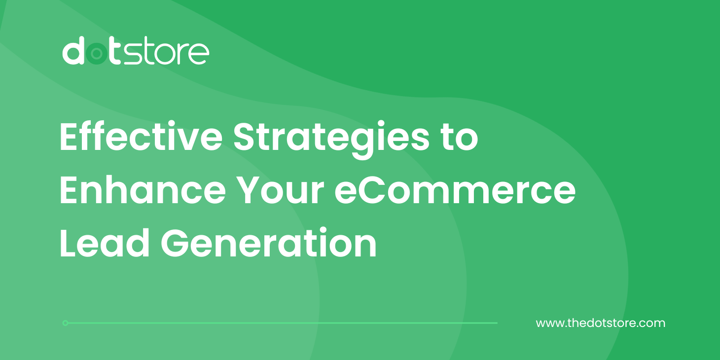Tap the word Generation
pyautogui.click(x=269, y=243)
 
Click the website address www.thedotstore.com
pyautogui.click(x=600, y=324)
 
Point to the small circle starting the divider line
pyautogui.click(x=66, y=323)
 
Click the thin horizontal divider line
pyautogui.click(x=281, y=323)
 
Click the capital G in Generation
pyautogui.click(x=177, y=243)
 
